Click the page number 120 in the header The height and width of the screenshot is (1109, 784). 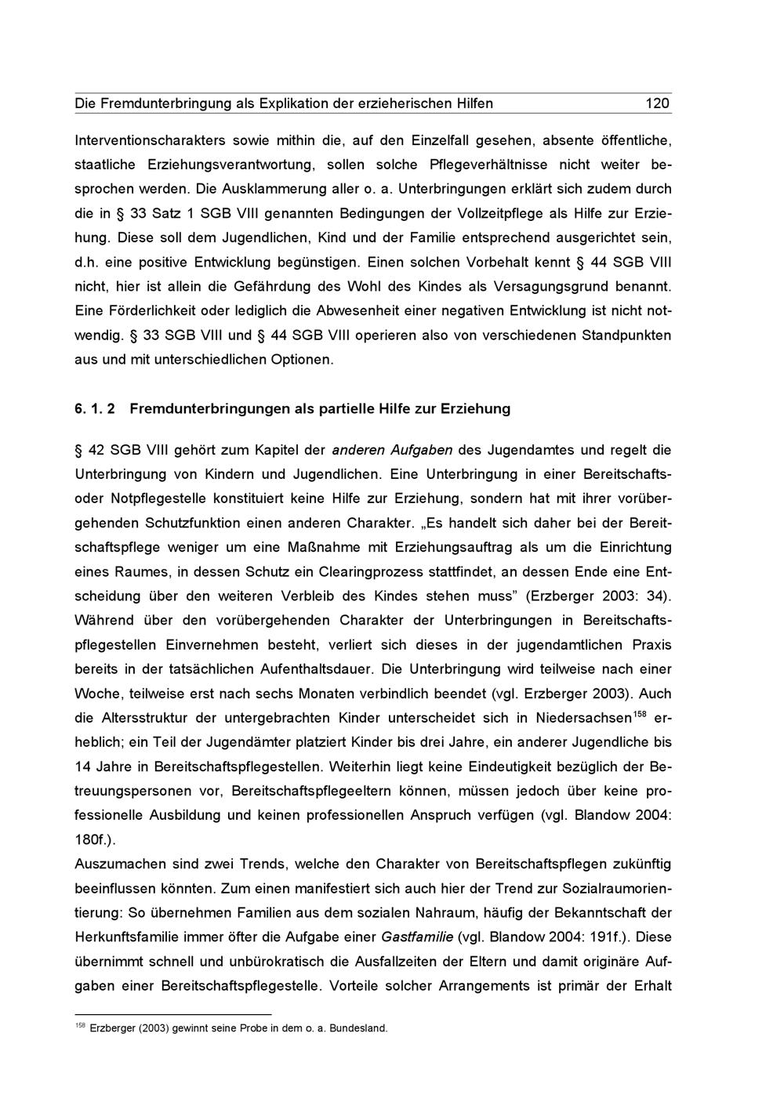(657, 103)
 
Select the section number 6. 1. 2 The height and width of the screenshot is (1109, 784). (95, 408)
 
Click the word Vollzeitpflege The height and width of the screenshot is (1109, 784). (491, 213)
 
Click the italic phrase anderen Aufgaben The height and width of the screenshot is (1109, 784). (392, 450)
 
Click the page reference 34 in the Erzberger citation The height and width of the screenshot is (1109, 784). (657, 596)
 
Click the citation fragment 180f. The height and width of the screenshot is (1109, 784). (93, 839)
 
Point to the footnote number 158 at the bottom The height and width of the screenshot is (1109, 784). (80, 1026)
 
